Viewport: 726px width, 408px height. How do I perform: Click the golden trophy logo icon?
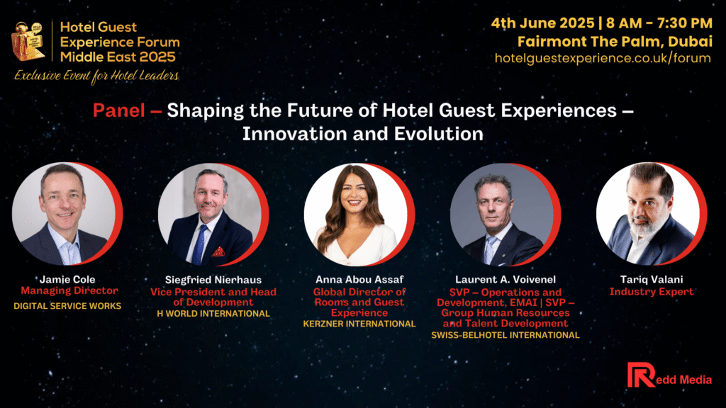click(28, 41)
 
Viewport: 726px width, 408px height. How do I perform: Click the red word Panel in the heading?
click(119, 110)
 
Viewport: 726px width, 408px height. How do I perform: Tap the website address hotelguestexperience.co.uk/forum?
click(603, 58)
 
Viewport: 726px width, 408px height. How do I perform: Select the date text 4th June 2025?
click(542, 23)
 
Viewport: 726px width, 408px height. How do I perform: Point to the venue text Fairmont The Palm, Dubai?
click(615, 42)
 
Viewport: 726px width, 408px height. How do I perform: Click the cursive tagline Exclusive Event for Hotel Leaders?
click(96, 76)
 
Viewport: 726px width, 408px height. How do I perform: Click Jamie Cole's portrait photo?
click(64, 214)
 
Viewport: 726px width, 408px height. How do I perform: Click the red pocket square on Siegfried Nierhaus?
click(218, 251)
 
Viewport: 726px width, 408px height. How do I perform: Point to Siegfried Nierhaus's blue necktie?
click(200, 244)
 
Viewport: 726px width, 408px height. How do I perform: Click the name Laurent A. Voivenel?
click(505, 279)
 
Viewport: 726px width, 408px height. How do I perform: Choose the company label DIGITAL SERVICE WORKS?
click(67, 306)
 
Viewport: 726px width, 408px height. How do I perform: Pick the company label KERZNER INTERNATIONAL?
click(359, 324)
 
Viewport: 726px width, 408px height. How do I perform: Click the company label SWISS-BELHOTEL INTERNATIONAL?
click(505, 335)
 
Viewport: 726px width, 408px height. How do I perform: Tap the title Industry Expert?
click(652, 291)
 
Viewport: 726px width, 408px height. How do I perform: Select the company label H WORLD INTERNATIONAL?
click(213, 314)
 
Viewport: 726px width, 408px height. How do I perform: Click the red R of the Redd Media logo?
click(640, 375)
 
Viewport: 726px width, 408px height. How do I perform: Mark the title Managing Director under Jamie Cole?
click(69, 291)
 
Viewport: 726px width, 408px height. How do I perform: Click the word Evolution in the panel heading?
click(438, 134)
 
